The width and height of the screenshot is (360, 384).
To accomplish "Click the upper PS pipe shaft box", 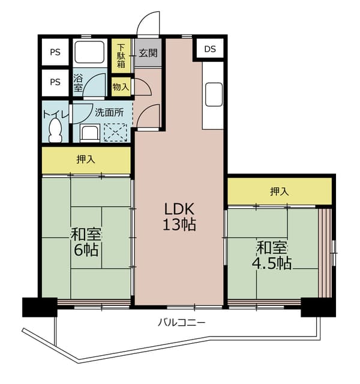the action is pyautogui.click(x=55, y=52).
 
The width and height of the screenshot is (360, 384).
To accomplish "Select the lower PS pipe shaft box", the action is pyautogui.click(x=55, y=83).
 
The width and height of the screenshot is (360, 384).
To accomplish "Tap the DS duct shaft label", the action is pyautogui.click(x=210, y=49).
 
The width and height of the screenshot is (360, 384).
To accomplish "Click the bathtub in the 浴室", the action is pyautogui.click(x=89, y=52).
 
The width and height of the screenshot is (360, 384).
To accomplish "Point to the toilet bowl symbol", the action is pyautogui.click(x=55, y=130).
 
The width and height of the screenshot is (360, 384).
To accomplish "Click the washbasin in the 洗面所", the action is pyautogui.click(x=90, y=133).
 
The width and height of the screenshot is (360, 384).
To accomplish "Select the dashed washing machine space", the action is pyautogui.click(x=116, y=133).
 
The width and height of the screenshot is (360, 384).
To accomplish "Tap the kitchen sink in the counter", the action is pyautogui.click(x=214, y=94).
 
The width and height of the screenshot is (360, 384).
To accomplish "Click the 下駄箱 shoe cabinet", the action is pyautogui.click(x=121, y=56).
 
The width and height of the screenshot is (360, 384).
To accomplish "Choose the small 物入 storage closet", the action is pyautogui.click(x=121, y=86).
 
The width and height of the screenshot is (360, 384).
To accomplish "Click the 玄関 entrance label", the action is pyautogui.click(x=148, y=53).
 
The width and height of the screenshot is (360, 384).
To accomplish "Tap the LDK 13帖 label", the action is pyautogui.click(x=179, y=217).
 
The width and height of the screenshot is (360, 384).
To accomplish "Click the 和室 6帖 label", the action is pyautogui.click(x=86, y=242).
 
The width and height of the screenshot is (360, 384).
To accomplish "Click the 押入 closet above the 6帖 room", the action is pyautogui.click(x=86, y=160).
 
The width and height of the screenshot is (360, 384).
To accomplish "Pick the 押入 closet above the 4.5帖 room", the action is pyautogui.click(x=280, y=191).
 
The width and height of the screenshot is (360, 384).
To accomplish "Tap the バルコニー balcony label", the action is pyautogui.click(x=181, y=323).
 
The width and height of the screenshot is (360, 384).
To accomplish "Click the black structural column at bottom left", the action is pyautogui.click(x=40, y=307).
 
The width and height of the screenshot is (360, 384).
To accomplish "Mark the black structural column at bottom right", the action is pyautogui.click(x=318, y=307).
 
